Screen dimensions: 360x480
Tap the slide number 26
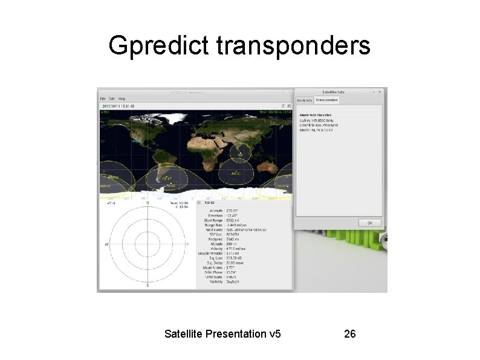(349, 333)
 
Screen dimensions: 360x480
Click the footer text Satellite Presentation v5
(222, 333)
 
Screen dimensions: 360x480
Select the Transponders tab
(327, 100)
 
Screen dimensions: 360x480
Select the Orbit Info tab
(304, 100)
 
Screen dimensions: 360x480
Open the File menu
(103, 98)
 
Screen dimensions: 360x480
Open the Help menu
(122, 98)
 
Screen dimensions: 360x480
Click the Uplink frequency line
(320, 120)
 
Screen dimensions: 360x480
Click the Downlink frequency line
(320, 125)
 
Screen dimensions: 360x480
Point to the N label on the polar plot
(148, 203)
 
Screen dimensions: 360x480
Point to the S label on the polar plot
(148, 285)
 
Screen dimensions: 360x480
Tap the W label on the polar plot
(106, 244)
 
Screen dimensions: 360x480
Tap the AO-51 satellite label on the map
(236, 174)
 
